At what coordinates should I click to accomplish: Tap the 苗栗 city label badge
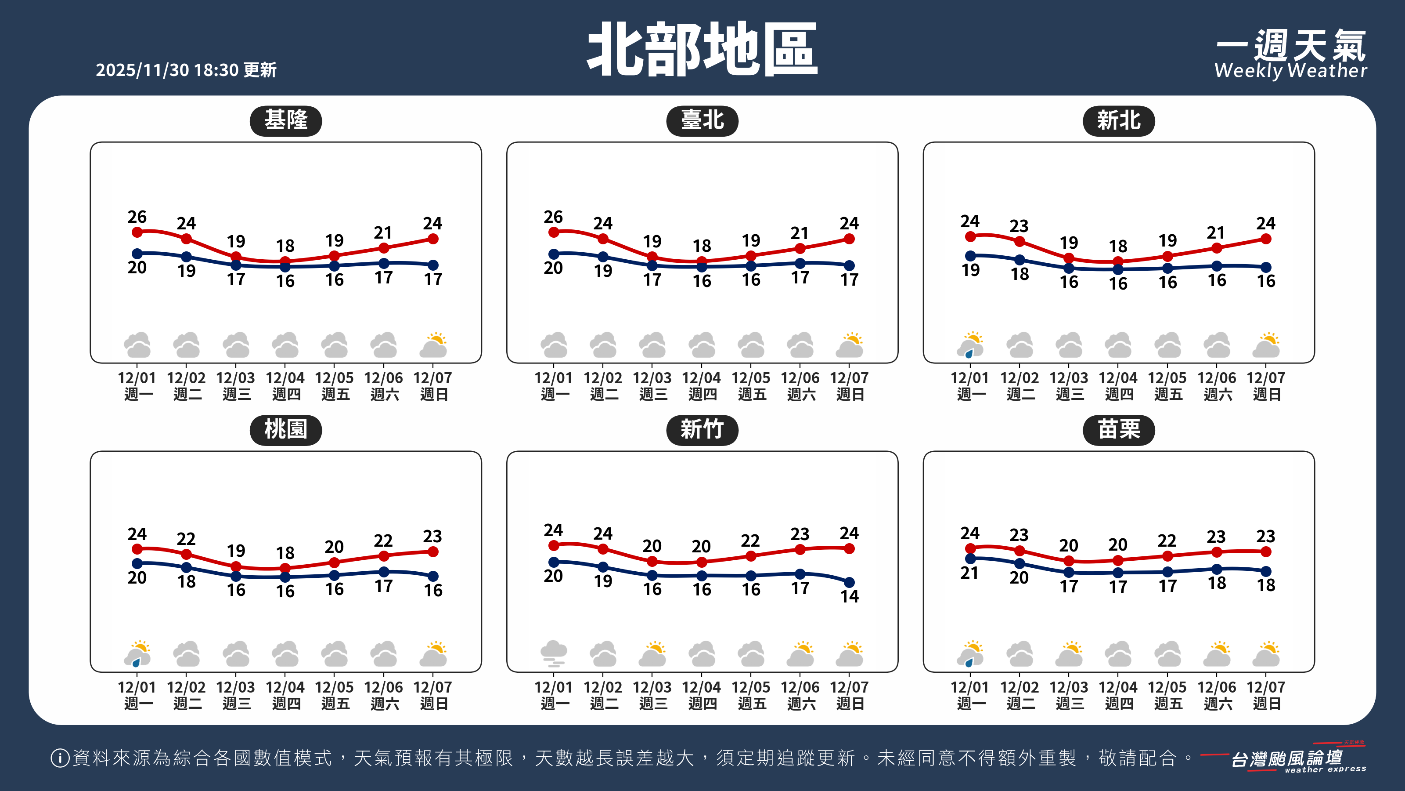[1118, 430]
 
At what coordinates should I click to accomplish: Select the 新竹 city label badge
[702, 430]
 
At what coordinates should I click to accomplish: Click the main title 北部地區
[702, 50]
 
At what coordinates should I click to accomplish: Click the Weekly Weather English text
[1290, 71]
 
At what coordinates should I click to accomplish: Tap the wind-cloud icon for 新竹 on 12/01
[554, 653]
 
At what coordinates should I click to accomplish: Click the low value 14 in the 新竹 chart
[849, 596]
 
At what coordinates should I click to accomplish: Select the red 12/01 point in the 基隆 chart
[137, 232]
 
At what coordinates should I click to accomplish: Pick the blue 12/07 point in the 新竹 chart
[849, 582]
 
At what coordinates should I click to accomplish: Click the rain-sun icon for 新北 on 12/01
[970, 345]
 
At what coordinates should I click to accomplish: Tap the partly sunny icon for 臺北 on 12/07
[849, 345]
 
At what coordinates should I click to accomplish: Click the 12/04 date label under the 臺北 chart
[702, 378]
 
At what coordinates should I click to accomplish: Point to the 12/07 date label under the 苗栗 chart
[1266, 687]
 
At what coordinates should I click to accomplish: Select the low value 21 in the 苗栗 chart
[969, 573]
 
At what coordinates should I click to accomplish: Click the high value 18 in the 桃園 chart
[285, 553]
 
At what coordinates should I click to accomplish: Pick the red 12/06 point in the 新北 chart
[1217, 248]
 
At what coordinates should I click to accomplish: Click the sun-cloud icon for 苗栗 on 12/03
[1069, 653]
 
